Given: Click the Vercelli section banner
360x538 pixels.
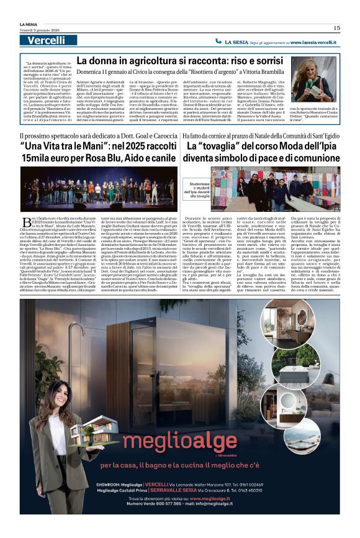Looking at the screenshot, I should tap(47, 41).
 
